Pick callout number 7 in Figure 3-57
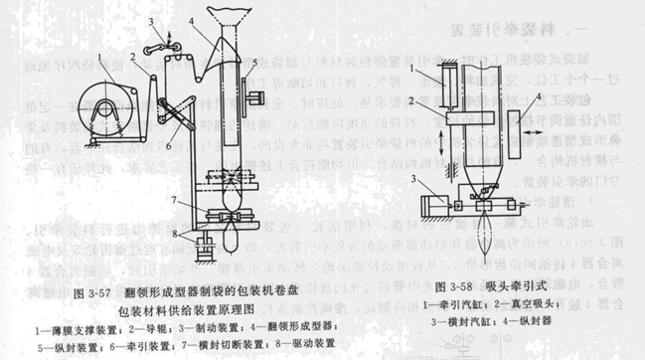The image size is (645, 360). tap(173, 203)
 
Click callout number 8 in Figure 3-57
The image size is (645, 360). tap(173, 237)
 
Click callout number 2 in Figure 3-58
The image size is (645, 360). tap(417, 103)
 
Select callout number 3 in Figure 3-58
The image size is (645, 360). tap(417, 175)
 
